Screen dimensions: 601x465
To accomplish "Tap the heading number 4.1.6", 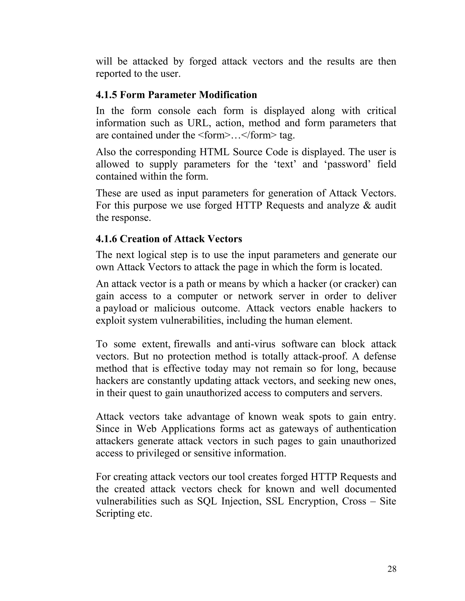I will click(x=106, y=239).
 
